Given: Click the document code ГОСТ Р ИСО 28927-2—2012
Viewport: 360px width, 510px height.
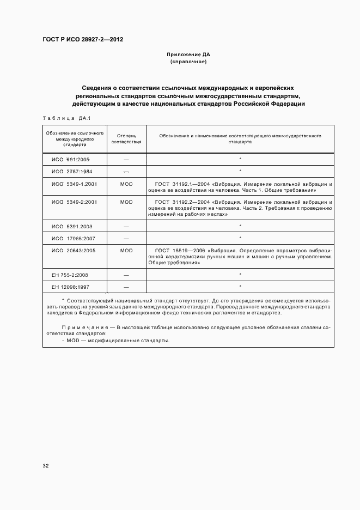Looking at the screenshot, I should [79, 40].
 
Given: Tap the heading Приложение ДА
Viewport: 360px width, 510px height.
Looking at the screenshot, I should [188, 55].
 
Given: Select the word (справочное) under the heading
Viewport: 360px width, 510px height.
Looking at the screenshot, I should [188, 62].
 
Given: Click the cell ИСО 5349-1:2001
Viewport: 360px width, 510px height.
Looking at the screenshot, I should [74, 185].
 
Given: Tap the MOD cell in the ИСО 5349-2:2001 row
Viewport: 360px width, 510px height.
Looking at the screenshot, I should [126, 202].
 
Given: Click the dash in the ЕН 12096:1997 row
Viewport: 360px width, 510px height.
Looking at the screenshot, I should [126, 287].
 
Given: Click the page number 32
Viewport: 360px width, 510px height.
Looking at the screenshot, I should [46, 465].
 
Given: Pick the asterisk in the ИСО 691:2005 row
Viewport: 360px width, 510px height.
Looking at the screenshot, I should [240, 159].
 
